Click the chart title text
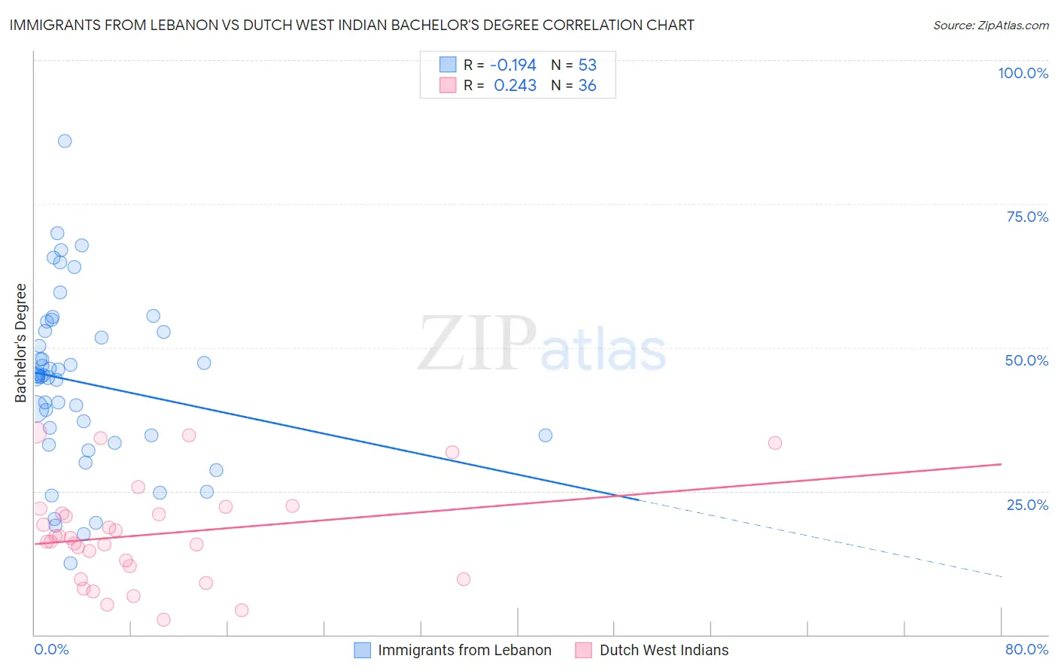(352, 25)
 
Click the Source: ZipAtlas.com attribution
(990, 26)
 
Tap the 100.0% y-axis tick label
(1023, 73)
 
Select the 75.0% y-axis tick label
(1027, 217)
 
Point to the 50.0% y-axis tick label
(1026, 360)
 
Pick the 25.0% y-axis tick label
(1027, 504)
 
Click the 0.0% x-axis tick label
(51, 649)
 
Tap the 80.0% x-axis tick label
(1026, 649)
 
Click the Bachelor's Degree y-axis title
(21, 343)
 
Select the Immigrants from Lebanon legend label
(464, 650)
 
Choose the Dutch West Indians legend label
(664, 650)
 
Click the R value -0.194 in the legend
(513, 65)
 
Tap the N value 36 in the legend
(587, 86)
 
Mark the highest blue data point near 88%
(65, 141)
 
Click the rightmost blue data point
(546, 436)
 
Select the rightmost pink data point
(775, 443)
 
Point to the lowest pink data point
(163, 620)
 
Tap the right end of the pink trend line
(1000, 464)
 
